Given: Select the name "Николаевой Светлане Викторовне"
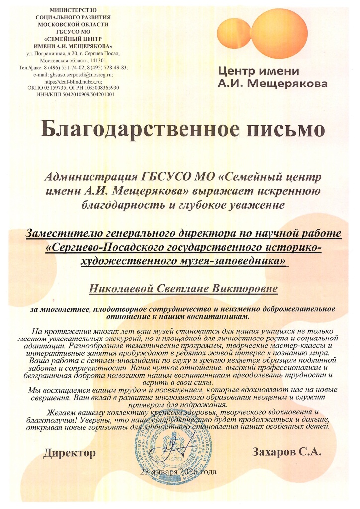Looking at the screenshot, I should (183, 288).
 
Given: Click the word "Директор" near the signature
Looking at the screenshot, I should (69, 453).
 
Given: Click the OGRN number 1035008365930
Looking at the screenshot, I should (97, 87).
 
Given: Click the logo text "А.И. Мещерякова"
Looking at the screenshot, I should (273, 83).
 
